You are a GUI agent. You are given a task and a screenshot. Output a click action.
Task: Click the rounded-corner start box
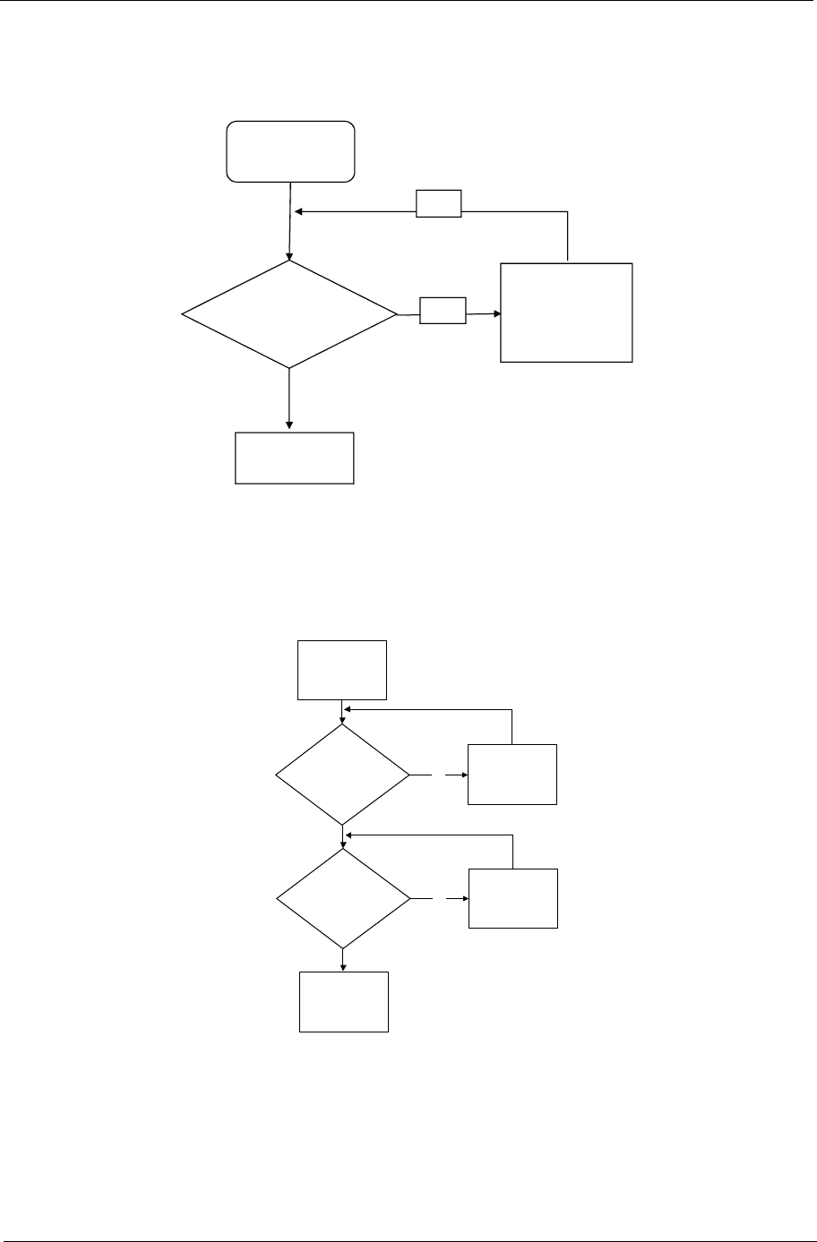pos(291,151)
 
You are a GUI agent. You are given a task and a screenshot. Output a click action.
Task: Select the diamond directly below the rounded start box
pos(289,314)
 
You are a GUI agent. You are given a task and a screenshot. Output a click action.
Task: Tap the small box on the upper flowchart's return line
pos(439,204)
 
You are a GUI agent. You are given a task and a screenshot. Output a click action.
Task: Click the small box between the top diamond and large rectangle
pos(443,311)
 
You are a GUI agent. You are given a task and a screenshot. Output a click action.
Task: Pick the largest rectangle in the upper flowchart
pos(566,312)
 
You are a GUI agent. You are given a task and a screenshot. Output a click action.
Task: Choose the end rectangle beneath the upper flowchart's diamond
pos(294,458)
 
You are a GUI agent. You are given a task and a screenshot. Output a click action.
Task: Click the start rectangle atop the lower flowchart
pos(343,669)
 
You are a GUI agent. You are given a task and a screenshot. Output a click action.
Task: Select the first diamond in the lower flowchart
pos(342,774)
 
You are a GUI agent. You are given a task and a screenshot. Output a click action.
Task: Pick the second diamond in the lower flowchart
pos(342,898)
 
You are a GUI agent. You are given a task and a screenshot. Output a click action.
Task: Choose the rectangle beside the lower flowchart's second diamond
pos(512,898)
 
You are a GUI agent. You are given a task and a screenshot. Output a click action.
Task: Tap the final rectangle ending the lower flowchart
pos(344,1001)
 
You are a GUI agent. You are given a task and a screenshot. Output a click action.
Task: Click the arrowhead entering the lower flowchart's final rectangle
pos(343,966)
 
